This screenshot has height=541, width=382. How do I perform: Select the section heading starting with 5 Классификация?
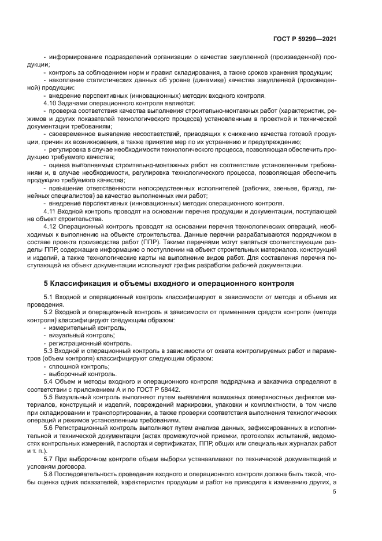[169, 284]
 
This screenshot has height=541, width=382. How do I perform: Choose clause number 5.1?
[50, 297]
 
